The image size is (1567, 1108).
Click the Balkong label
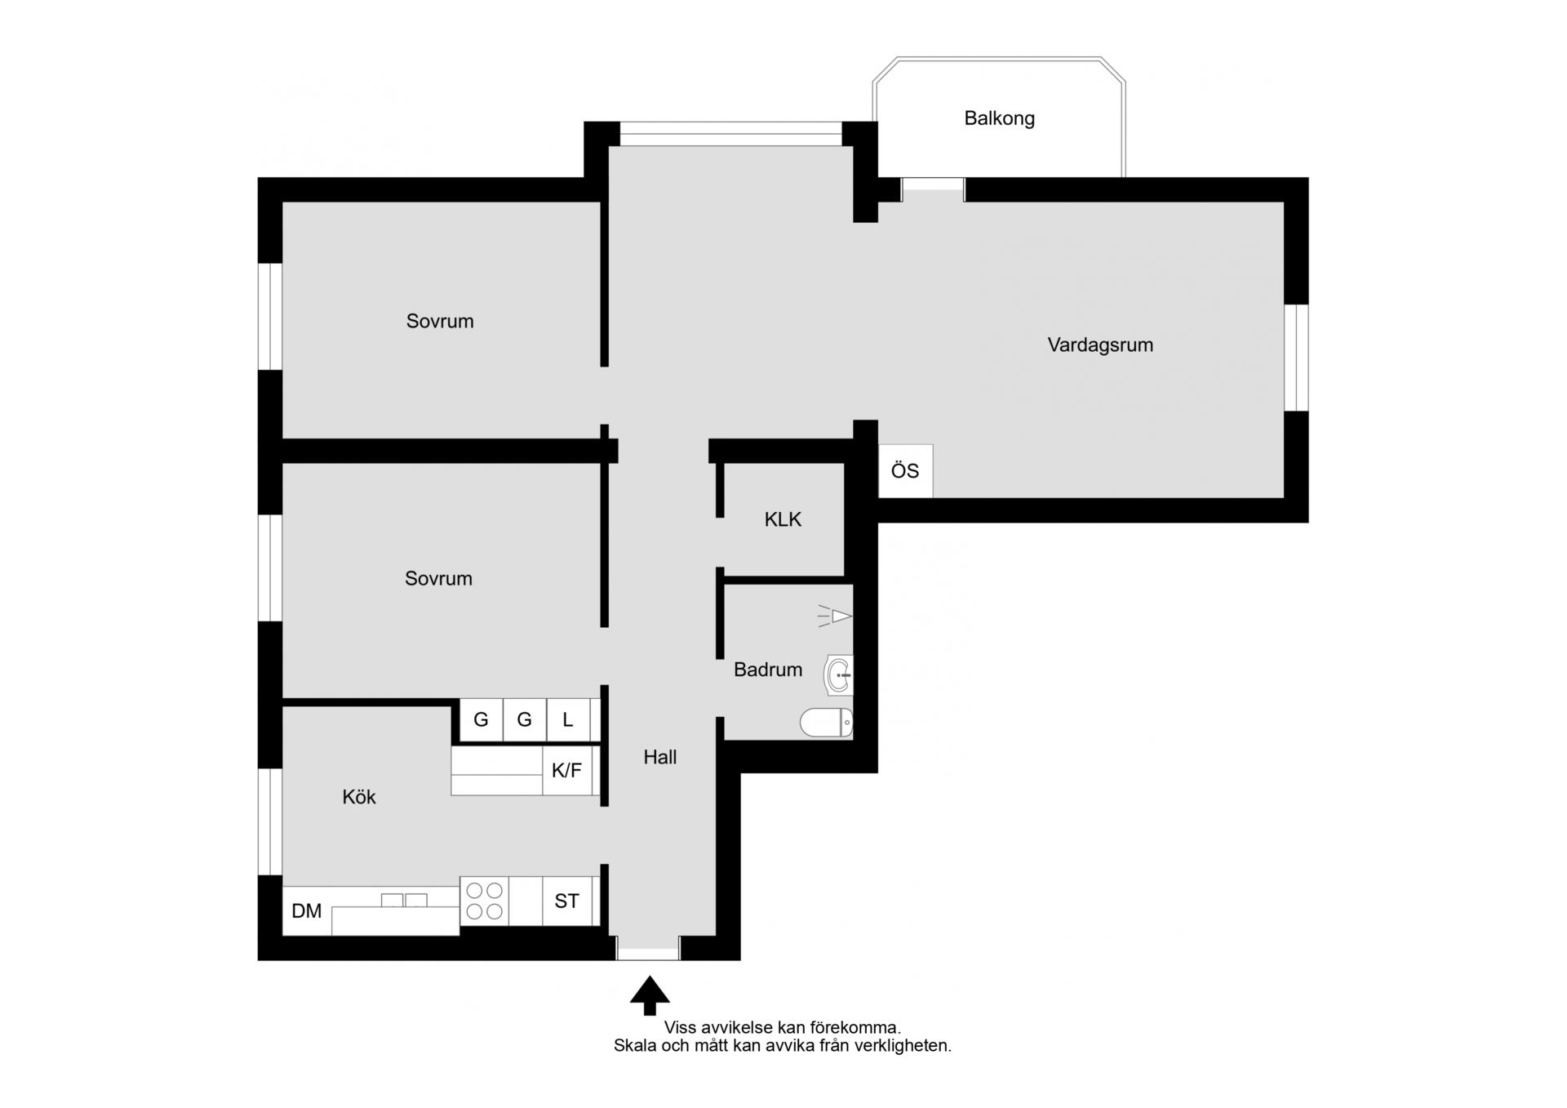click(x=999, y=118)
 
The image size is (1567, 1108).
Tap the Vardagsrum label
click(x=1100, y=345)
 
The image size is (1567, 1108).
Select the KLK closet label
click(x=783, y=519)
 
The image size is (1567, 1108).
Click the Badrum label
click(x=768, y=670)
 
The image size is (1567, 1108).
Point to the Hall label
click(x=660, y=757)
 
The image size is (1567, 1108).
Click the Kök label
click(x=359, y=797)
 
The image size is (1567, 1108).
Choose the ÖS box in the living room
click(x=905, y=471)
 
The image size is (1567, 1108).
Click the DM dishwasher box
click(x=307, y=911)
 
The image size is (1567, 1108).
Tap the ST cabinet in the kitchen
click(x=567, y=901)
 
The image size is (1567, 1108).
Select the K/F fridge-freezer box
click(x=567, y=770)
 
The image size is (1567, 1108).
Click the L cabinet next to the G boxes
click(x=568, y=720)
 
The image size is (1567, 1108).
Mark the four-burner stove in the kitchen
click(x=484, y=901)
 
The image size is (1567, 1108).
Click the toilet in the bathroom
click(x=826, y=723)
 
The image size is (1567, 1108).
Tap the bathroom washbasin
click(x=839, y=675)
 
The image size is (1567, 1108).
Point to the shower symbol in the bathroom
click(x=835, y=616)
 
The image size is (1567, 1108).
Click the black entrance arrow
click(x=650, y=995)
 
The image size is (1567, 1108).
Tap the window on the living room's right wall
click(x=1296, y=358)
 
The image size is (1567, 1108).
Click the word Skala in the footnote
click(x=635, y=1045)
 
